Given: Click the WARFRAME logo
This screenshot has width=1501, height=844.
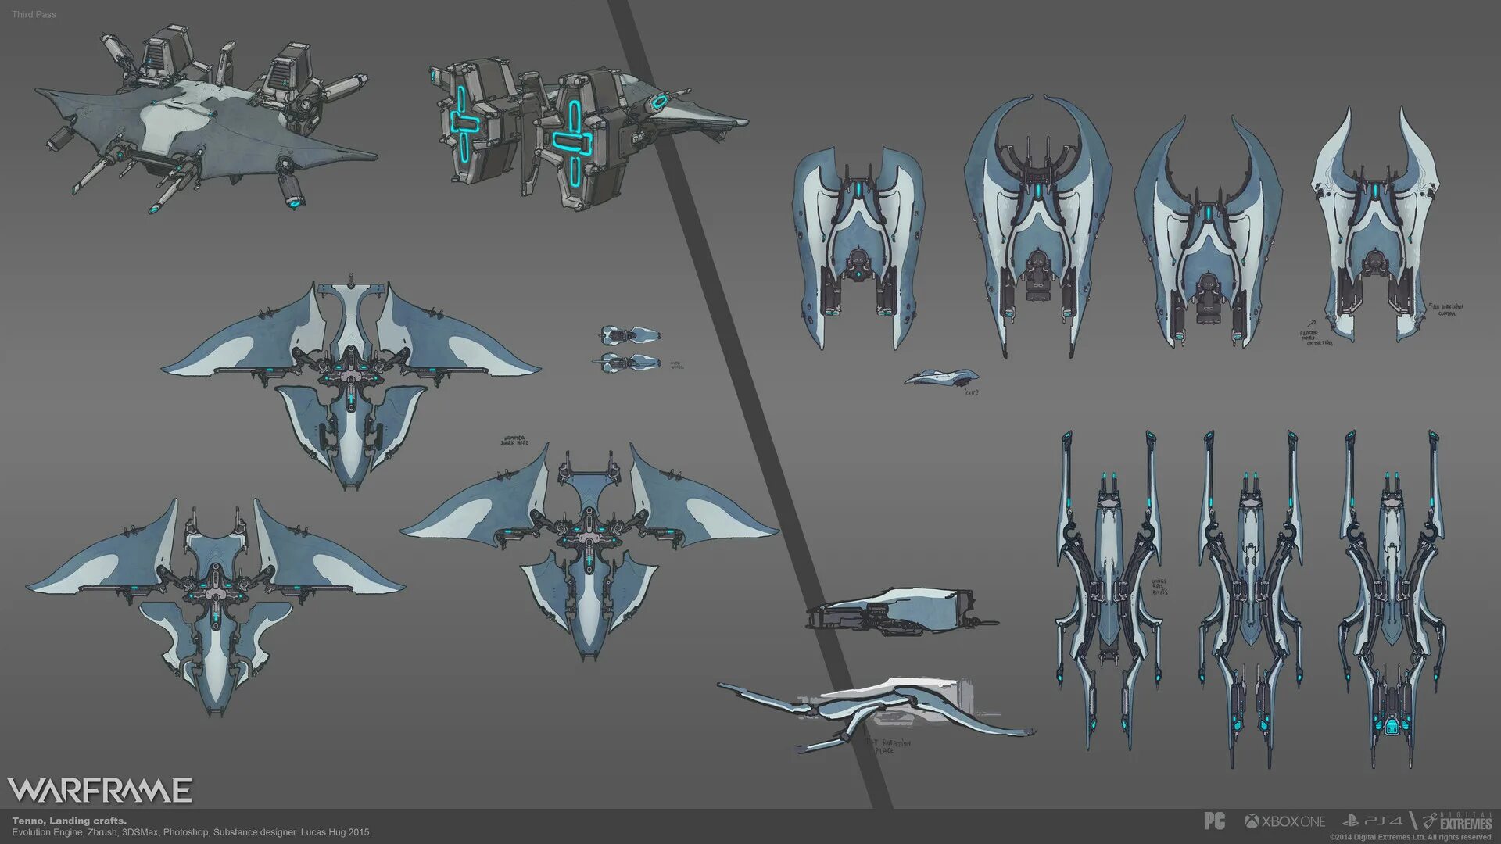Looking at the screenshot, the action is pos(99,790).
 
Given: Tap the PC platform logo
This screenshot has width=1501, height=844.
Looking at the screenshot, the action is pos(1214,821).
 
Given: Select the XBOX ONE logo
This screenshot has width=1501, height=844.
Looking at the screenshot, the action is pos(1284,821).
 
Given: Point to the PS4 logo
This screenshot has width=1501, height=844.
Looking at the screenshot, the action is pos(1372,821).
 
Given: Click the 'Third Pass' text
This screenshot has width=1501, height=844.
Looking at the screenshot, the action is pos(34,14).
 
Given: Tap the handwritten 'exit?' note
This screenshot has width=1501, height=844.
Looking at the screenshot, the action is pos(971,392).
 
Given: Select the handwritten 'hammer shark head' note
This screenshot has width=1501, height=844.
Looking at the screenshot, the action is pos(514,442).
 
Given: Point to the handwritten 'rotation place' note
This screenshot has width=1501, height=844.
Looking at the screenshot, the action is pos(888,746).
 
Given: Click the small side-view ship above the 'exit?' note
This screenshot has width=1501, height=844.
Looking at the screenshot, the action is pos(941,377).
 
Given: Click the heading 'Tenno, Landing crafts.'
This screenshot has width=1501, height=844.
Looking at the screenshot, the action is pos(69,821).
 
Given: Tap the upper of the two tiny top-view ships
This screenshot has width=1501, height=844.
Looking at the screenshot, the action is pos(630,335).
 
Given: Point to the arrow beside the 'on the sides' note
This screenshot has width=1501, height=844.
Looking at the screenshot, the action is pos(1309,322).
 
